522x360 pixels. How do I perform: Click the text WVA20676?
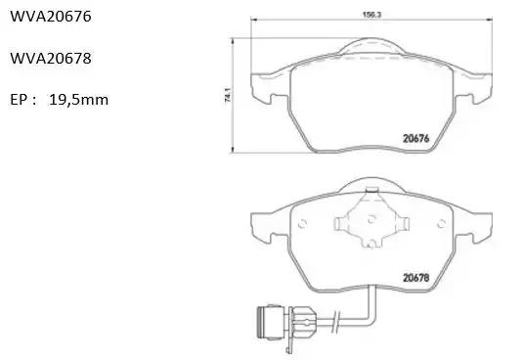tap(51, 17)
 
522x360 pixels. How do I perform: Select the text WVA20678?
tap(51, 59)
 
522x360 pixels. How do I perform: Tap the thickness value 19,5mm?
tap(78, 100)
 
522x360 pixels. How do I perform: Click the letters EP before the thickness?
tap(20, 100)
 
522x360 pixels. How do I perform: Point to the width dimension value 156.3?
tap(371, 15)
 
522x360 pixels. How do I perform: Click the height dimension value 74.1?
tap(228, 95)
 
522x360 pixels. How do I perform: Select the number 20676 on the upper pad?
tap(416, 138)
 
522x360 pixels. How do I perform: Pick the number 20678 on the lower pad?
tap(416, 278)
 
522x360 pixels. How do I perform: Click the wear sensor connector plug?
tap(271, 322)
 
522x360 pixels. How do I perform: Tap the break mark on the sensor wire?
tap(335, 322)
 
